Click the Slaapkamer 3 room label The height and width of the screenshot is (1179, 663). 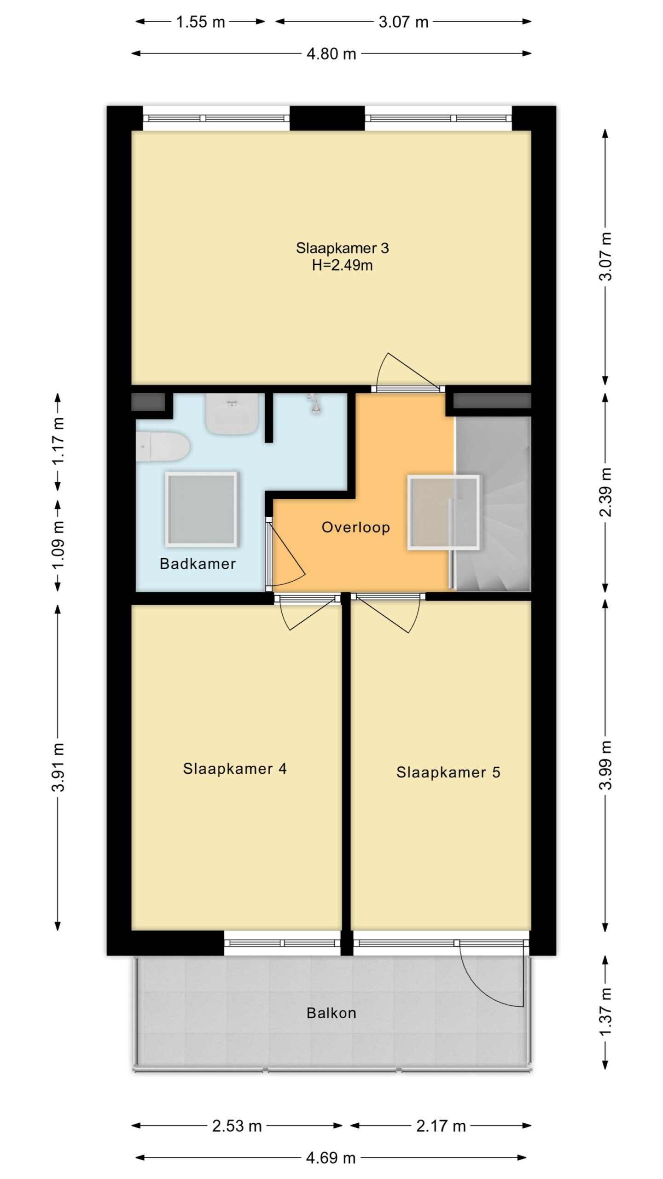point(342,248)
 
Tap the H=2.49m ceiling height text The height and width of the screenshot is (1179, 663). point(342,265)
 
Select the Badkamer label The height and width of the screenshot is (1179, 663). point(198,564)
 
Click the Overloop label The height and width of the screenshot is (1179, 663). point(355,527)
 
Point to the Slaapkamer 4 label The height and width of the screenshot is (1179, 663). point(235,769)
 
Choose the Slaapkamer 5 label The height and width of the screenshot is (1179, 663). point(448,772)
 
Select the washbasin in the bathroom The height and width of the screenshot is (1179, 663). point(232,413)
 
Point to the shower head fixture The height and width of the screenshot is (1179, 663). point(315,404)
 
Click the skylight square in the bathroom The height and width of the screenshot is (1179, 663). point(202,509)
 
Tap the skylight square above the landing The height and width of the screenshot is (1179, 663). point(443,512)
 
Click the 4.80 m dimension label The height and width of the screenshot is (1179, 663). point(331,54)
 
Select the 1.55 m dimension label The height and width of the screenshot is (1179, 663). point(201,22)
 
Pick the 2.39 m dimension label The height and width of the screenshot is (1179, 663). point(606,492)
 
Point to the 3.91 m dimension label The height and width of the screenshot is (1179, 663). point(58,767)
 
